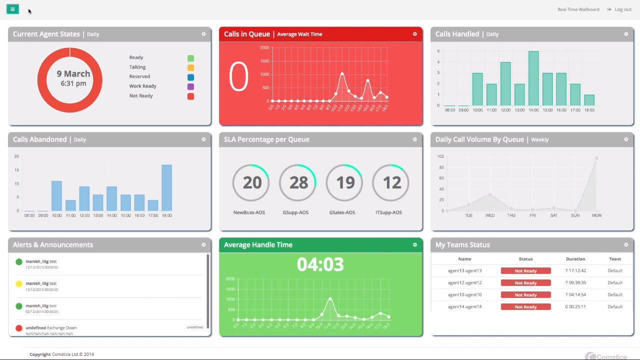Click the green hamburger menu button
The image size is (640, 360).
point(12,9)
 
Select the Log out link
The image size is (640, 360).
point(622,9)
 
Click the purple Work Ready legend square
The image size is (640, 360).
point(190,86)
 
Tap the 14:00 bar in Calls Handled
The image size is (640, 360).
point(533,78)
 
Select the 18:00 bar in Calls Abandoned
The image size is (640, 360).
point(166,187)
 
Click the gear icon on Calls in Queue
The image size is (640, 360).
point(414,34)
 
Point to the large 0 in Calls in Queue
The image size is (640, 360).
point(238,77)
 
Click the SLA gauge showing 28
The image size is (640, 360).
point(298,182)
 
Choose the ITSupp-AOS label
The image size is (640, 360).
point(388,212)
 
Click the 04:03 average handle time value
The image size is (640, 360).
point(320,264)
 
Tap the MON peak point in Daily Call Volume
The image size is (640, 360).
point(596,158)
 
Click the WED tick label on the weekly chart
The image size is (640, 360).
point(490,215)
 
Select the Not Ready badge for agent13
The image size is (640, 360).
point(525,271)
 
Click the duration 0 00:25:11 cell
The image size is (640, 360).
point(575,306)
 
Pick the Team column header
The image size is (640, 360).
point(615,259)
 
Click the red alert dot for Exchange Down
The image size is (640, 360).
point(19,328)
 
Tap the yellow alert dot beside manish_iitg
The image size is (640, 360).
point(19,284)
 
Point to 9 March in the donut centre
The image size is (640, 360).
point(73,74)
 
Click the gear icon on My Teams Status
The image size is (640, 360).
point(626,244)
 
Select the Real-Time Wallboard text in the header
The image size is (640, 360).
point(578,9)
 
